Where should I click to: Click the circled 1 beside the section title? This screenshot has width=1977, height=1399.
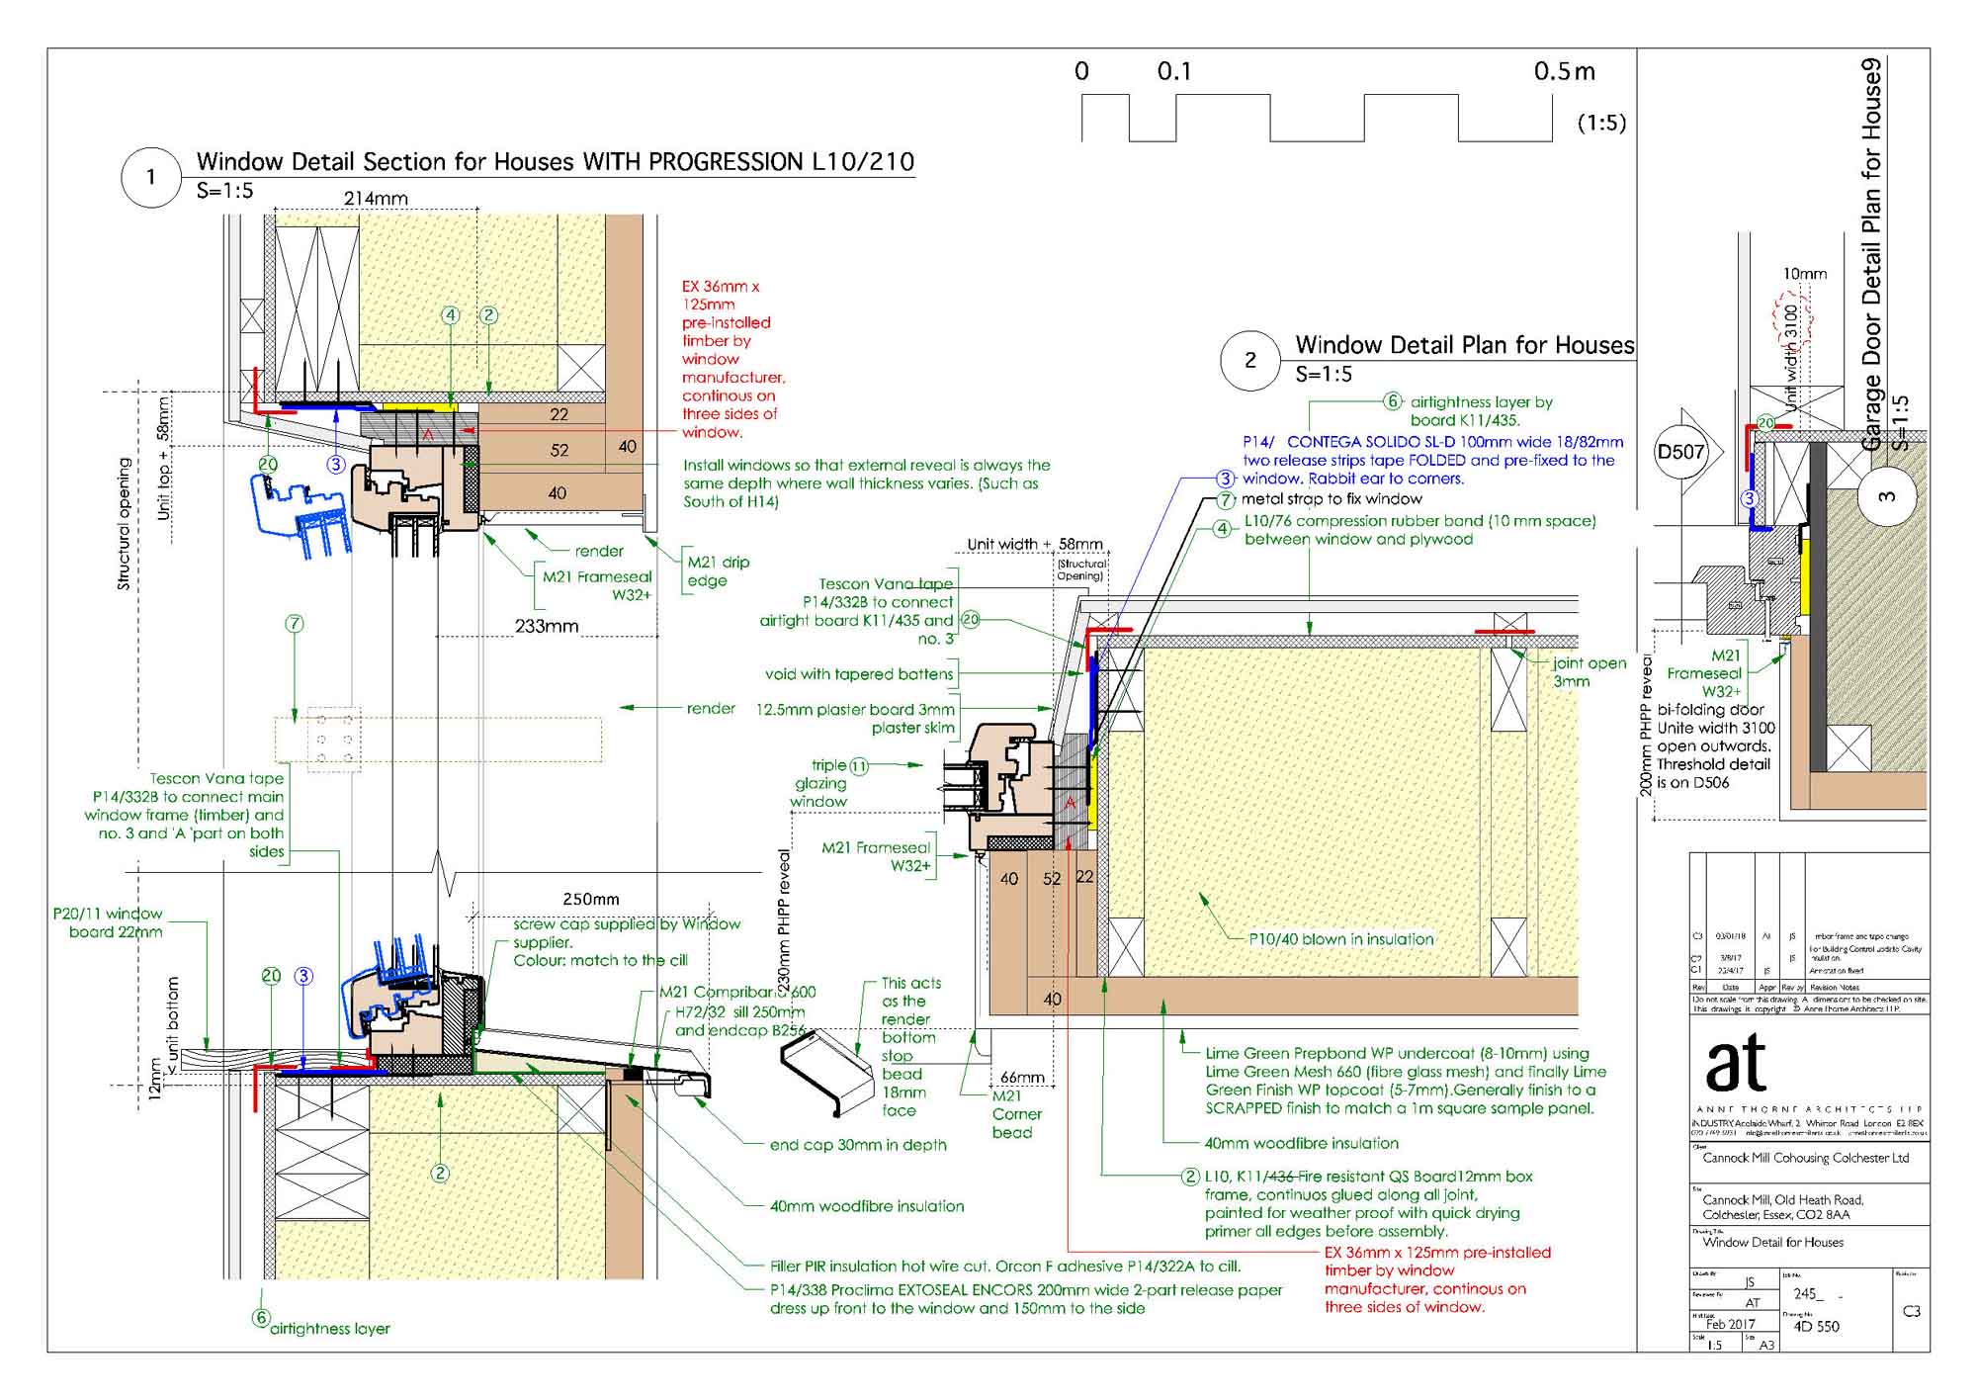click(x=150, y=178)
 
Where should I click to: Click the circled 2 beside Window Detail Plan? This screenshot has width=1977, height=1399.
click(x=1249, y=360)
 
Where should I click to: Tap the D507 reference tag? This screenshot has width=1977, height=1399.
click(x=1681, y=453)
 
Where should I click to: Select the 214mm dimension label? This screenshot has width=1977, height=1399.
click(x=376, y=199)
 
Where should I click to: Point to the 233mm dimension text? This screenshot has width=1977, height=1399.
click(x=546, y=626)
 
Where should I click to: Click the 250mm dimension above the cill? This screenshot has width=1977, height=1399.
click(x=590, y=900)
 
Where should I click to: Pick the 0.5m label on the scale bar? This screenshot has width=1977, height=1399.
click(x=1564, y=72)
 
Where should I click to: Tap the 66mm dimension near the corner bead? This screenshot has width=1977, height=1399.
click(x=1022, y=1077)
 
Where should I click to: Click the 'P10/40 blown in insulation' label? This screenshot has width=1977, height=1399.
click(x=1340, y=939)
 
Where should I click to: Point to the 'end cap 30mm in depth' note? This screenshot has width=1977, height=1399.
click(x=858, y=1145)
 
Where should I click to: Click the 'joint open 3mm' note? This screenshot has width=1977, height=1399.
click(x=1589, y=672)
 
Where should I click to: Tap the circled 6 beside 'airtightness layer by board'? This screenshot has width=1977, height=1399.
click(x=1392, y=401)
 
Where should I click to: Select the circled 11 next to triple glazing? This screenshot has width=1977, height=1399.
click(x=859, y=766)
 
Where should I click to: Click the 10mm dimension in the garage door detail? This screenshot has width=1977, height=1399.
click(x=1804, y=274)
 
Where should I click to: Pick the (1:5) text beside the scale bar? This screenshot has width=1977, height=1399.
click(x=1601, y=123)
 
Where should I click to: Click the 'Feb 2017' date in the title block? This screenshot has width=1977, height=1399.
click(x=1730, y=1324)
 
